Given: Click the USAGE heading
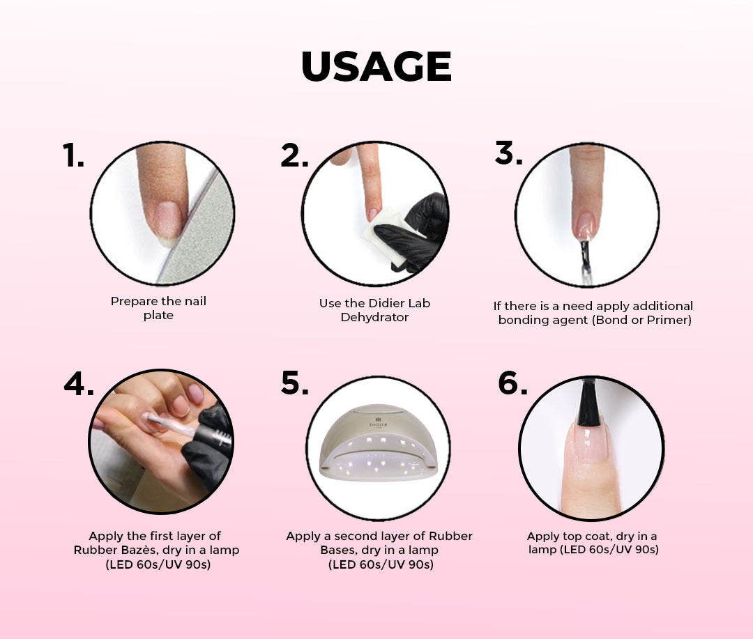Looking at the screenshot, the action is coord(376,66).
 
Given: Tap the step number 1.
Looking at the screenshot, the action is coord(73,155).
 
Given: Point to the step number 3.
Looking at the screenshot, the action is coord(508,153).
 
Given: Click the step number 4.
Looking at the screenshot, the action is coord(79,383).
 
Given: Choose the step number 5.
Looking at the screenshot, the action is coord(295,383).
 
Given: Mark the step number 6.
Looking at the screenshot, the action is coord(512,383).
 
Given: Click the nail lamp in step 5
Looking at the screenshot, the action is coord(379,443).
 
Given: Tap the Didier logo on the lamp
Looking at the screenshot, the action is coord(378,422).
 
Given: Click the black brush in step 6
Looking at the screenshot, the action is coord(588,402).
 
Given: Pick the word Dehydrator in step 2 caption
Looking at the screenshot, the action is coord(374,317).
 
